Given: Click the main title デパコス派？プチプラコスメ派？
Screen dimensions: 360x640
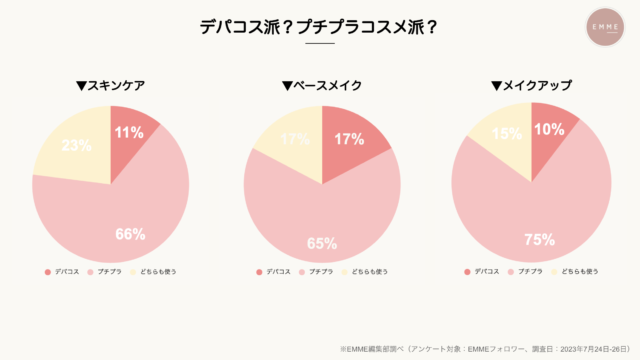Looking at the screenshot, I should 319,28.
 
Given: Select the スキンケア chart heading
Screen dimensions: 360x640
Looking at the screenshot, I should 110,85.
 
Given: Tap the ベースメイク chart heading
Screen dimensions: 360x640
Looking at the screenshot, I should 321,85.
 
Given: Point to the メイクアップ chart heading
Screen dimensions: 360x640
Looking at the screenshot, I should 531,85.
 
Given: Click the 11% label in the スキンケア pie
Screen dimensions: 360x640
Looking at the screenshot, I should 128,131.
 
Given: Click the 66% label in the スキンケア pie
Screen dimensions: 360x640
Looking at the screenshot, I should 130,235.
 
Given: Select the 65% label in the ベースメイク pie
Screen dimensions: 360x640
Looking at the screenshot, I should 322,243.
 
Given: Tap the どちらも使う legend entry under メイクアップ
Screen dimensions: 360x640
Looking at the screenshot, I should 575,271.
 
